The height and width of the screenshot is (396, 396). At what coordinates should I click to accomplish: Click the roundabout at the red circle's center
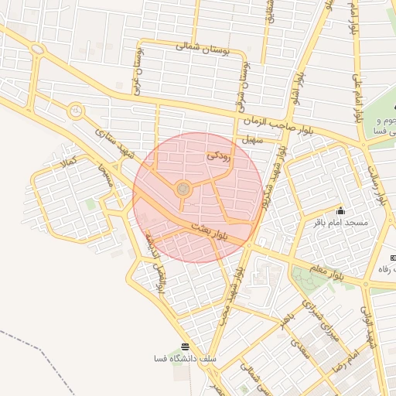tap(183, 189)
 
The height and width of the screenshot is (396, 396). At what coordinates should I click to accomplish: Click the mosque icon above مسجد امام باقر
tap(340, 211)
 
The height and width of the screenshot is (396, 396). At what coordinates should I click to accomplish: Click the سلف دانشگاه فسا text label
tap(186, 360)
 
